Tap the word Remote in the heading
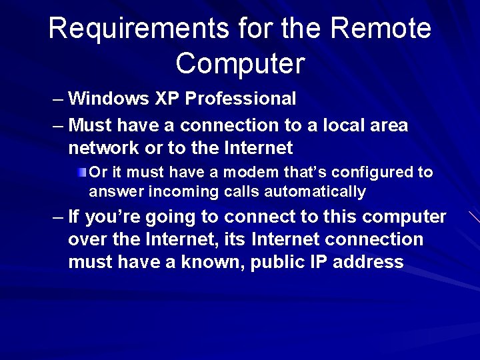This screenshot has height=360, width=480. point(381,29)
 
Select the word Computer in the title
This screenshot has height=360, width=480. point(240,63)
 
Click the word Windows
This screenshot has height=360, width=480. point(109,99)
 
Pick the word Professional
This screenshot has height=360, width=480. point(241,99)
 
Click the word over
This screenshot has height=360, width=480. point(90,239)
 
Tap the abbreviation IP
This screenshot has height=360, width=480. point(319,262)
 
